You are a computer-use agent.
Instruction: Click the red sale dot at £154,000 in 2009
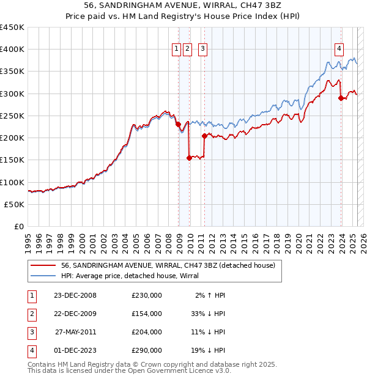[x=189, y=158]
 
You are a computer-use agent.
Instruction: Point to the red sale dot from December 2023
[x=341, y=98]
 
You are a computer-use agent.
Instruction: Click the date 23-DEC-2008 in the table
[x=75, y=295]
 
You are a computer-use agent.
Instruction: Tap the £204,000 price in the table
[x=147, y=332]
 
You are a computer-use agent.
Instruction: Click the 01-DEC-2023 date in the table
[x=75, y=350]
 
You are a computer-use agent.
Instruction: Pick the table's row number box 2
[x=31, y=314]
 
